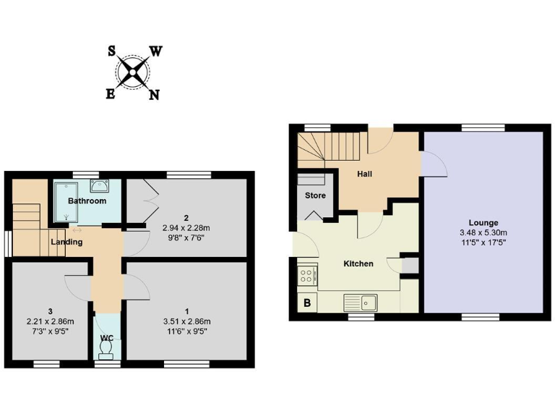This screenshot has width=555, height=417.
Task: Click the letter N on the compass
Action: (x=154, y=95)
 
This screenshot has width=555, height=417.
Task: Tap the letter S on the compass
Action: (x=112, y=51)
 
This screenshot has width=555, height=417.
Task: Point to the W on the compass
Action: (x=155, y=51)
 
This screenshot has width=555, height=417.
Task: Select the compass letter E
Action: (x=111, y=94)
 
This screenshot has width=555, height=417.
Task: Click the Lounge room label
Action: (x=483, y=222)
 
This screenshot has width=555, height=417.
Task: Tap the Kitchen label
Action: (x=358, y=264)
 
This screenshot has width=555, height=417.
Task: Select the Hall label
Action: (x=366, y=174)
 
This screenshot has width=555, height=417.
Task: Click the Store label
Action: (x=315, y=195)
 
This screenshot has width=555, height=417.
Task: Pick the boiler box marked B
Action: (x=307, y=303)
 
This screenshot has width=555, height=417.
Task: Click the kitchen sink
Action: (x=365, y=301)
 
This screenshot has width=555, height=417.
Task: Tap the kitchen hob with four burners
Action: (x=306, y=275)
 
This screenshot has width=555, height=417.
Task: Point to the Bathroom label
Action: (x=87, y=201)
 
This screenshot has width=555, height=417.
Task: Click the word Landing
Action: (x=66, y=242)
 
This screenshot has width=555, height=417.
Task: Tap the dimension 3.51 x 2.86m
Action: (x=186, y=321)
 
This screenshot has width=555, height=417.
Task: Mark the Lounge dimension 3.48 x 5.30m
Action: (x=483, y=232)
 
